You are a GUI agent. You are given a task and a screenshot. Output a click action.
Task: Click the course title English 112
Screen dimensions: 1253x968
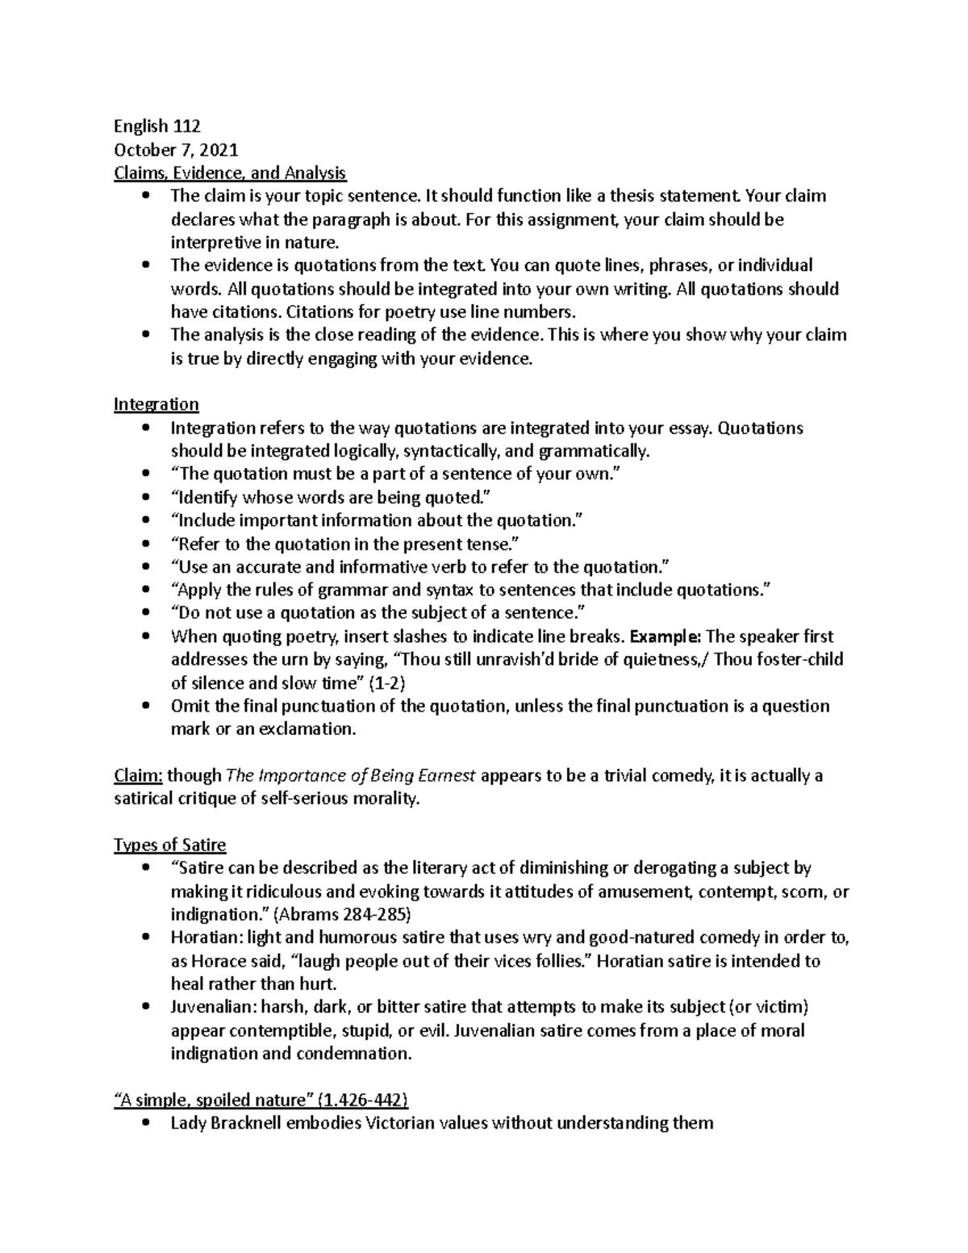coord(156,126)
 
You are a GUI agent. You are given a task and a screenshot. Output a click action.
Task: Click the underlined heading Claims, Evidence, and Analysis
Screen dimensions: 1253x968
coord(230,173)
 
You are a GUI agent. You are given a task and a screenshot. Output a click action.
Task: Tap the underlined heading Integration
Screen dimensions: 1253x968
coord(156,404)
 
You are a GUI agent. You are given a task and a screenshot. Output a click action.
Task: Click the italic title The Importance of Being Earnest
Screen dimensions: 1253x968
coord(353,776)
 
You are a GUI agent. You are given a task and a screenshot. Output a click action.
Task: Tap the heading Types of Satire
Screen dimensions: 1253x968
coord(170,846)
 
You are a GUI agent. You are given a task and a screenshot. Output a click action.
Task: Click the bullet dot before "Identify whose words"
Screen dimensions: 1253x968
coord(145,498)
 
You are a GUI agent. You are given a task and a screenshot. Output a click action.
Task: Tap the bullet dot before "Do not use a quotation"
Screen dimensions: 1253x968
coord(145,613)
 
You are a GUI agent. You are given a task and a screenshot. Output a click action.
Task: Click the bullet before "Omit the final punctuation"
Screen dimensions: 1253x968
coord(145,706)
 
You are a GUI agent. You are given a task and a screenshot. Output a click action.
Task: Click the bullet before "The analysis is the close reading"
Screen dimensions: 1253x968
coord(145,335)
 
